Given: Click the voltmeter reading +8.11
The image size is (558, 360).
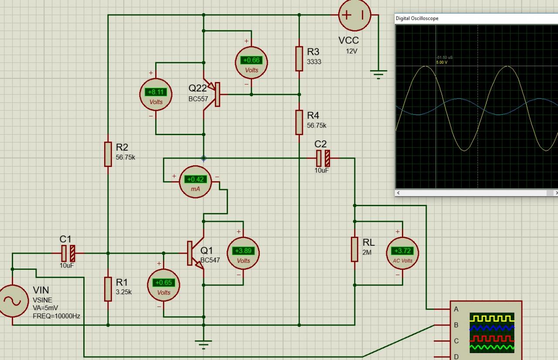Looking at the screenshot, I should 156,95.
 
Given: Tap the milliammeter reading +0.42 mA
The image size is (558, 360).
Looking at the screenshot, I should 195,182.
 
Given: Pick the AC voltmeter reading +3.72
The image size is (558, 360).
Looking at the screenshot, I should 402,253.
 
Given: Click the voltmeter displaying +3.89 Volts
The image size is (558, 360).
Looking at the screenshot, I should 243,253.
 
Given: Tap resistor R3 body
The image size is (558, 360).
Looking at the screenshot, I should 299,58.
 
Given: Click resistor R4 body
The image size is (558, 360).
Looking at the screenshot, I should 299,122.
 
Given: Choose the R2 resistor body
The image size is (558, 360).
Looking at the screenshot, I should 108,154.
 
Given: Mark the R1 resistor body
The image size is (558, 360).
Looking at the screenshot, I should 108,289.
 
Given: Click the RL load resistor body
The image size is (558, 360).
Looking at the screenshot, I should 355,249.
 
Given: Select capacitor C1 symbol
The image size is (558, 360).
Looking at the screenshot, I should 67,253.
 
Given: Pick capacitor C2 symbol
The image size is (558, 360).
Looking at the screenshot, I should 323,158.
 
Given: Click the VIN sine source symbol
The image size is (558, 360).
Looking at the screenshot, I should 12,301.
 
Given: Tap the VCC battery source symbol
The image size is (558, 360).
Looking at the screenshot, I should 355,15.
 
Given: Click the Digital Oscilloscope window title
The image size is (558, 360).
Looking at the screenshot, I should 417,18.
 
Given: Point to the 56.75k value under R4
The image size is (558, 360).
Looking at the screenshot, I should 316,126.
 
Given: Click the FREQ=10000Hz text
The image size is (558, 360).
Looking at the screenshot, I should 56,316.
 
